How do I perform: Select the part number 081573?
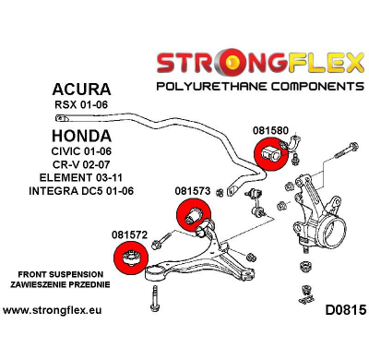click(192, 191)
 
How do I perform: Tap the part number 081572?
click(130, 235)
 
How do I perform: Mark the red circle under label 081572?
click(129, 261)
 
